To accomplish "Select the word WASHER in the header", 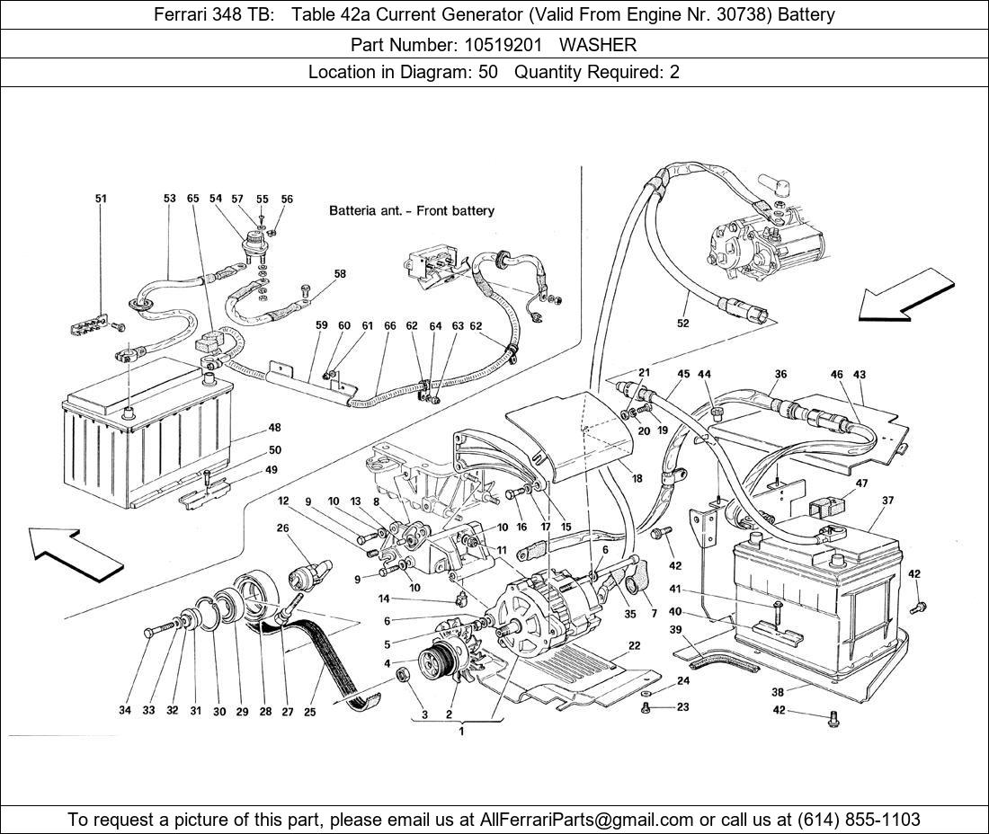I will pos(607,43).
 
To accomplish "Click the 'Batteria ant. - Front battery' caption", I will pos(412,211).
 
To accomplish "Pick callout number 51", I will pos(101,199).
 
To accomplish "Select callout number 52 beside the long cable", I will pos(683,324).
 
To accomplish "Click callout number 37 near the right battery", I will pos(888,501).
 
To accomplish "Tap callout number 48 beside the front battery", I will pos(274,428).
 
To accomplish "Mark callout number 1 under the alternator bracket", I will pos(460,732).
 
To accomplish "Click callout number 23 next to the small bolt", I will pos(682,707).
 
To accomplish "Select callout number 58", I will pos(340,273).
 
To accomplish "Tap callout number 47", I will pos(861,483).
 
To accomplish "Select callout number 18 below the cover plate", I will pos(637,479).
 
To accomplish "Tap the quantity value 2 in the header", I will pos(674,72).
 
